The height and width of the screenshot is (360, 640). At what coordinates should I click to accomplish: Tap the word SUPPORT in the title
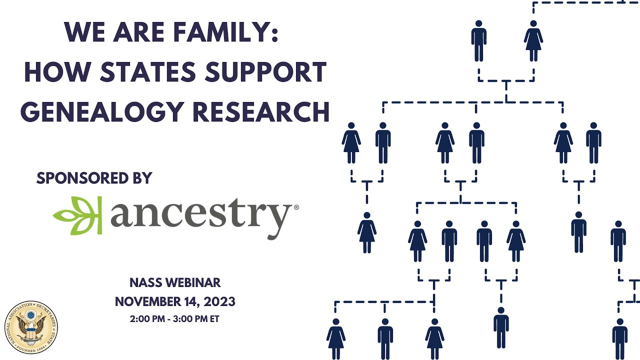click(272, 73)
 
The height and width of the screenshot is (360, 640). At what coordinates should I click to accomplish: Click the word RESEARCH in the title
click(261, 112)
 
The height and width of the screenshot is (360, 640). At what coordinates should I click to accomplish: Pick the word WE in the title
click(82, 33)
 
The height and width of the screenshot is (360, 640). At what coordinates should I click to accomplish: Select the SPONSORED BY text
click(94, 178)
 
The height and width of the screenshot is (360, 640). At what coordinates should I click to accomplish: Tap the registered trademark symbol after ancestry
click(296, 206)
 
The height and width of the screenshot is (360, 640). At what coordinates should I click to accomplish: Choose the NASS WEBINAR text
click(175, 282)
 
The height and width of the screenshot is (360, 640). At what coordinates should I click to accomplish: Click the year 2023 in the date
click(220, 301)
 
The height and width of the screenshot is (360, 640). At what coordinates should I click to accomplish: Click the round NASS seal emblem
click(31, 327)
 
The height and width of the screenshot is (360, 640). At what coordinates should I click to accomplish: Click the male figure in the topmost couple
click(479, 41)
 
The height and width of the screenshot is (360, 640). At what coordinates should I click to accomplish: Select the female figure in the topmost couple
click(533, 41)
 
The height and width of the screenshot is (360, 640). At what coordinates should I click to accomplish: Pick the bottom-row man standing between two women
click(385, 338)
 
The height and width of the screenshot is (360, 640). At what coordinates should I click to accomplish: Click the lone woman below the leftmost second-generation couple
click(367, 232)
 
